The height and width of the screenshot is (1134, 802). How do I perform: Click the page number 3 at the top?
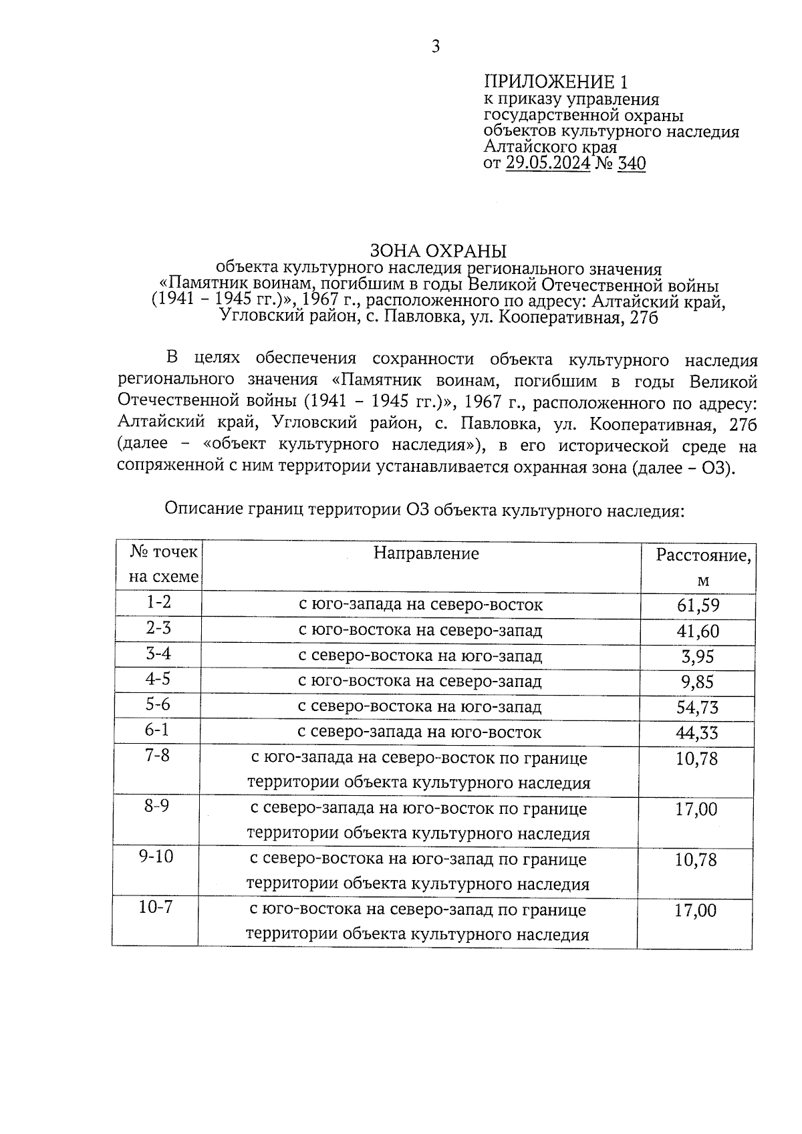pyautogui.click(x=435, y=46)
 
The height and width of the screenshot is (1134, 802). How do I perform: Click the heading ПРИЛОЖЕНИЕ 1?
pyautogui.click(x=556, y=82)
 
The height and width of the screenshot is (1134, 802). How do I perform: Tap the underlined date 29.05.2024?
pyautogui.click(x=547, y=163)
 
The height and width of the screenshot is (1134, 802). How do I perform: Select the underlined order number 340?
pyautogui.click(x=632, y=163)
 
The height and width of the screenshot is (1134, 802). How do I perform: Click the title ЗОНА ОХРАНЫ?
pyautogui.click(x=438, y=251)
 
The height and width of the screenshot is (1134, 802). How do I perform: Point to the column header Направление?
pyautogui.click(x=426, y=553)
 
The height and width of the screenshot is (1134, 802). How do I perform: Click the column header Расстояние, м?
pyautogui.click(x=702, y=567)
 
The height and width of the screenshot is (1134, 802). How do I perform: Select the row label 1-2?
pyautogui.click(x=158, y=602)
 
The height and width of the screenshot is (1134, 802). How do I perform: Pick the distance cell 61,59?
pyautogui.click(x=698, y=605)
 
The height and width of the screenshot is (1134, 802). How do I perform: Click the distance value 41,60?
pyautogui.click(x=698, y=631)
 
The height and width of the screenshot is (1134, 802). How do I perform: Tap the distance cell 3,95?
pyautogui.click(x=698, y=656)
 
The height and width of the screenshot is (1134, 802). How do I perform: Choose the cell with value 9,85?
pyautogui.click(x=698, y=682)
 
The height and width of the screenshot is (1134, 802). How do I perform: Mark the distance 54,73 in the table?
pyautogui.click(x=698, y=707)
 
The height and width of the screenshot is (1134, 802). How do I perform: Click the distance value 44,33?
pyautogui.click(x=697, y=732)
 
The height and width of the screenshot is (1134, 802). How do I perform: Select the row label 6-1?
pyautogui.click(x=157, y=729)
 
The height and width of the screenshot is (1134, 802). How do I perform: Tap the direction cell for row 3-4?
pyautogui.click(x=420, y=656)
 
